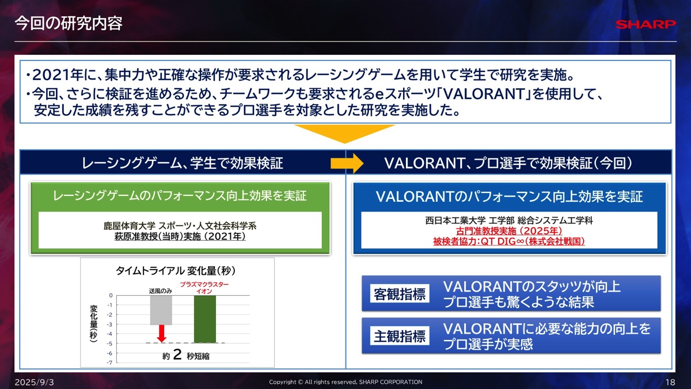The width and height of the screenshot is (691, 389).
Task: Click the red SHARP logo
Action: pos(646,24)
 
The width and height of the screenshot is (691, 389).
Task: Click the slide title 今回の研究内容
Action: pos(69,24)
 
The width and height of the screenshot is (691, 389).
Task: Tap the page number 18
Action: pos(670,382)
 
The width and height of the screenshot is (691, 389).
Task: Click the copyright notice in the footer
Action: pos(345,382)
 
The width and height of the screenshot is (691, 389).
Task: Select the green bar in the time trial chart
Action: pos(205,319)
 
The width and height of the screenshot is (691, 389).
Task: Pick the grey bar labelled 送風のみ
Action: pos(161,310)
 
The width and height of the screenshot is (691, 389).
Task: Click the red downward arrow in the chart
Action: pos(161,334)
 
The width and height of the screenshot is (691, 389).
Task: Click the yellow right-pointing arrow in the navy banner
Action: pos(347,163)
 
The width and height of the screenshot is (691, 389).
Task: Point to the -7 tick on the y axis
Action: pos(110,362)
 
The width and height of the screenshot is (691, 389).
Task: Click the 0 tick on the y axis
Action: pos(111,296)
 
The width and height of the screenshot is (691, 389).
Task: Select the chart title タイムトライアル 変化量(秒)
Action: pos(176,271)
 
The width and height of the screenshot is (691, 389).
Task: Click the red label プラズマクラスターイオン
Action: pos(204,288)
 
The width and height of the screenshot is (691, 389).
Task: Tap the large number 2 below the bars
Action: pos(177,354)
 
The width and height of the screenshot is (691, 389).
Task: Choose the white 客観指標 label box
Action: pos(400,293)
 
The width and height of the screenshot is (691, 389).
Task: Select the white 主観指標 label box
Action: pos(400,335)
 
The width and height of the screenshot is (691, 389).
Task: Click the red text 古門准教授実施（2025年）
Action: pos(509,231)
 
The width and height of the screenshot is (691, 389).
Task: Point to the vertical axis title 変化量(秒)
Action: pos(94,323)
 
